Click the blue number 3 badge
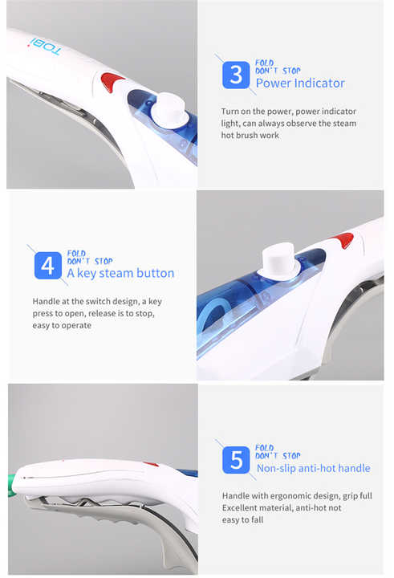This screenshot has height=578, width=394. point(235,75)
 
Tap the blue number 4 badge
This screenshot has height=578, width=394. point(47,266)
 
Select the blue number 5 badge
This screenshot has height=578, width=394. point(236,460)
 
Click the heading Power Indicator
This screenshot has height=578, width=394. point(300,83)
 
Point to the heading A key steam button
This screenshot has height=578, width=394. point(120,273)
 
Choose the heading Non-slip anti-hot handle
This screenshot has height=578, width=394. point(313,468)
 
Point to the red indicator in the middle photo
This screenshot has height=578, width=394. point(343,239)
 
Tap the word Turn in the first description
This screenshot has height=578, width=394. point(232,111)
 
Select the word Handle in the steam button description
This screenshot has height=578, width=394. point(47,301)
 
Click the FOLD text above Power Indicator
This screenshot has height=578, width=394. point(264,63)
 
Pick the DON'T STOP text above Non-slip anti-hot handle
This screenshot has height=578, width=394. point(278,456)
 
